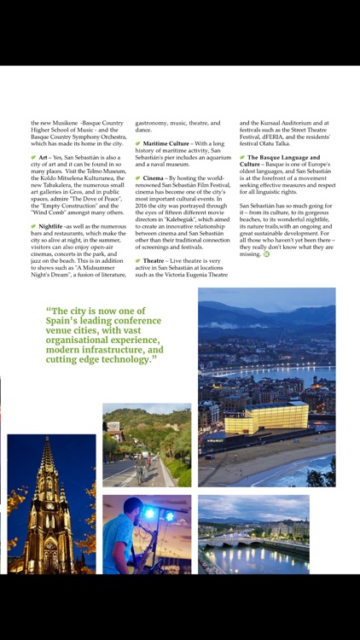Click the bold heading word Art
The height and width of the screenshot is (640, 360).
[44, 158]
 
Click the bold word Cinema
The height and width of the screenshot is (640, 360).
[154, 177]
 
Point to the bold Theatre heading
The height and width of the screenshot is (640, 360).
[154, 260]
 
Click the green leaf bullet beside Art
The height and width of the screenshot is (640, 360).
[33, 158]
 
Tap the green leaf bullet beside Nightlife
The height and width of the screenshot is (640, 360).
[33, 226]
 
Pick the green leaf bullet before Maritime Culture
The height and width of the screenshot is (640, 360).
[138, 143]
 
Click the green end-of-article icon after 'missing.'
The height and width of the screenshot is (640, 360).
[266, 254]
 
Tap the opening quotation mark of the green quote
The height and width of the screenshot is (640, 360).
[49, 311]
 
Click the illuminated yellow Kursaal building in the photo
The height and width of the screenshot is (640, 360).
[265, 418]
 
